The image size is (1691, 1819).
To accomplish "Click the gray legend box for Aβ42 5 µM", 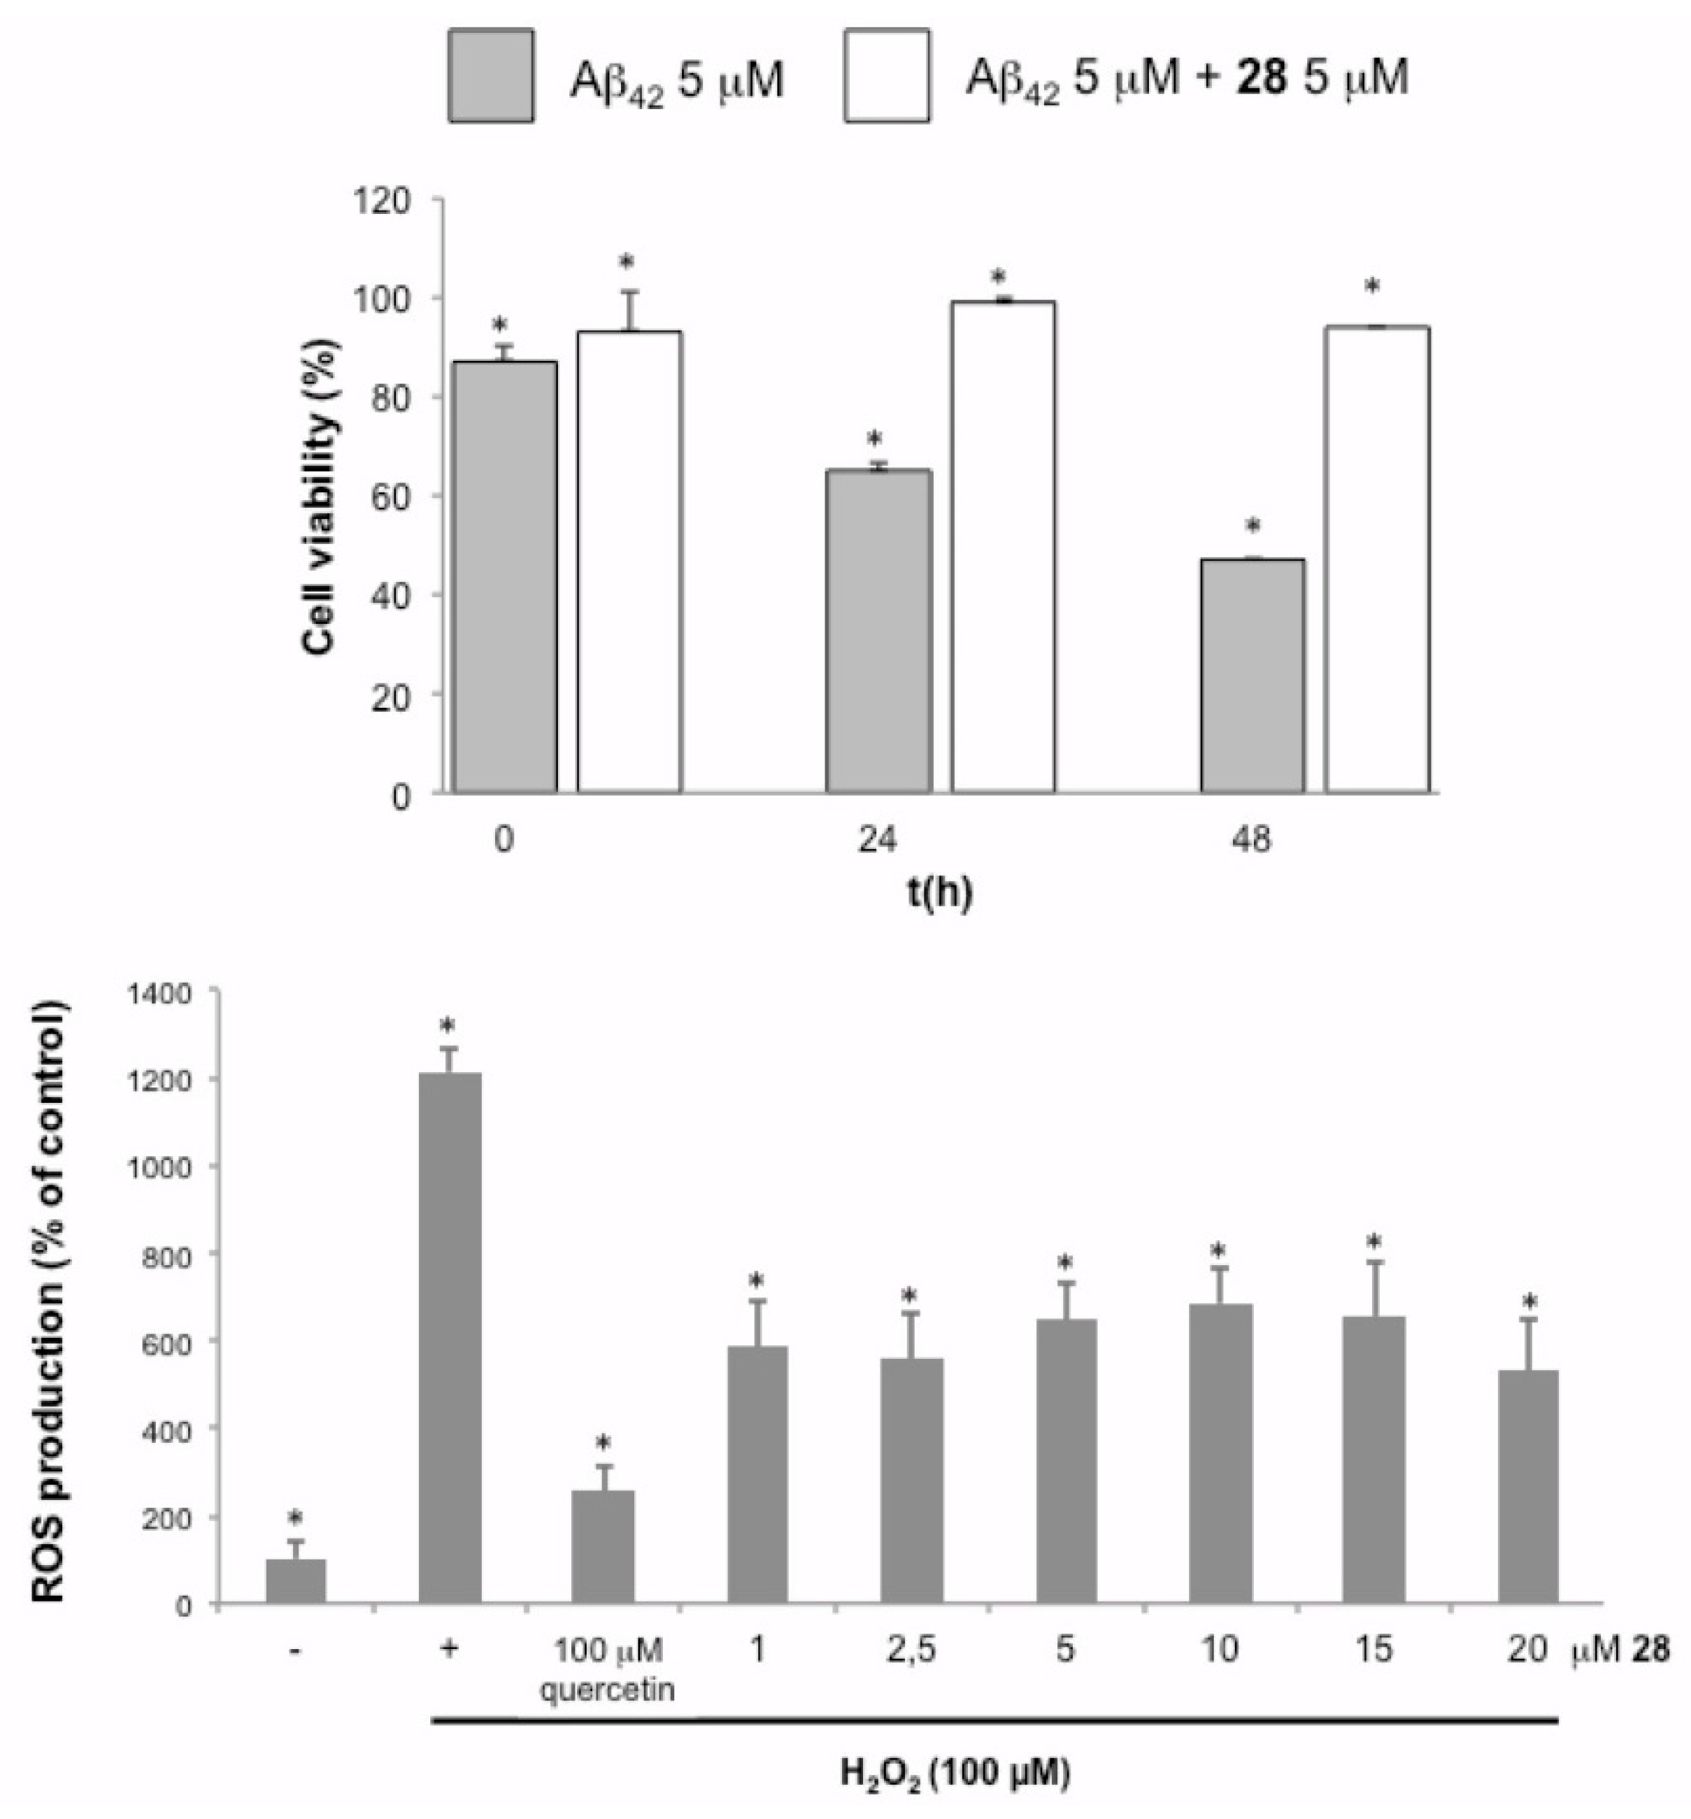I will tap(492, 76).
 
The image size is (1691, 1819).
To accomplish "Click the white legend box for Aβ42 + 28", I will tap(886, 76).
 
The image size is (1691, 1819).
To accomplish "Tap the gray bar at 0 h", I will tap(505, 576).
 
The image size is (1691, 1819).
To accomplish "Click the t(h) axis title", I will tap(940, 892).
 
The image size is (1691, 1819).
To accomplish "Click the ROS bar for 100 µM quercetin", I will tap(603, 1546).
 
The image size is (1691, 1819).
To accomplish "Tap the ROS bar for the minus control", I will tap(296, 1581).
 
